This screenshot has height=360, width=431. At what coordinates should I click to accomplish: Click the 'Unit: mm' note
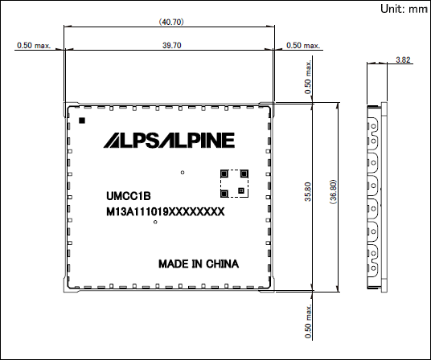[404, 9]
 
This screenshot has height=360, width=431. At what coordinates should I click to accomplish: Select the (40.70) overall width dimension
[171, 22]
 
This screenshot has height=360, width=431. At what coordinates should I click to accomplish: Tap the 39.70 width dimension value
[172, 45]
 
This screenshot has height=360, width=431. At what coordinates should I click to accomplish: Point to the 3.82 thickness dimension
[403, 59]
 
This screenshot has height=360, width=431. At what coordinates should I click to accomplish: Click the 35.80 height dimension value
[308, 192]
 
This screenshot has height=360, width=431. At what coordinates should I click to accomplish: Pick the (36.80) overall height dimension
[333, 192]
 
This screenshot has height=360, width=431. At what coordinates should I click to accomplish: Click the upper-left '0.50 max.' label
[34, 45]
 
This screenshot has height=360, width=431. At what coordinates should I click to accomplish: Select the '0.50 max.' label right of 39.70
[303, 45]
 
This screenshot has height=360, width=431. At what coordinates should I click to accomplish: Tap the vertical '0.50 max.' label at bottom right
[308, 321]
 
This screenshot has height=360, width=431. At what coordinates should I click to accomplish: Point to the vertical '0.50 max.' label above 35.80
[308, 77]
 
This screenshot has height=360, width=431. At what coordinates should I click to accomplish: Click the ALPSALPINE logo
[169, 141]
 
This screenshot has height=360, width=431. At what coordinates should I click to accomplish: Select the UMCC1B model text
[129, 196]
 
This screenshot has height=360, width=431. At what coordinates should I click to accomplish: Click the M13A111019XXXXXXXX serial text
[165, 211]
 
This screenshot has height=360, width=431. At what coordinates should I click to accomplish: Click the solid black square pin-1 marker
[82, 121]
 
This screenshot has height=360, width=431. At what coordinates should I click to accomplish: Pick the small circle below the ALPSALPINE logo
[183, 173]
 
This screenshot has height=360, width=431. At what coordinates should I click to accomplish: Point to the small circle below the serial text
[155, 222]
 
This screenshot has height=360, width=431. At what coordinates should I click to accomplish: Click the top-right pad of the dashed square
[244, 174]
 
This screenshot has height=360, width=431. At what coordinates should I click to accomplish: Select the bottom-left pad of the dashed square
[224, 194]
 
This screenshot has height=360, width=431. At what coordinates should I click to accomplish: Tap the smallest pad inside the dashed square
[241, 190]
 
